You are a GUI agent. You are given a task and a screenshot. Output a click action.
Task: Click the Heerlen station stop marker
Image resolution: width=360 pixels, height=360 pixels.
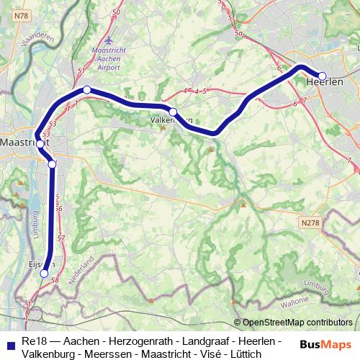tap(323, 76)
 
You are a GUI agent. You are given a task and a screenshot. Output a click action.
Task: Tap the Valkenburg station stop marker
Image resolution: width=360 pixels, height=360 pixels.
tap(173, 112)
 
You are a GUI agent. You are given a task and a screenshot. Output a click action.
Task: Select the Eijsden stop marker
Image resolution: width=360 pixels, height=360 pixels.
tap(44, 274)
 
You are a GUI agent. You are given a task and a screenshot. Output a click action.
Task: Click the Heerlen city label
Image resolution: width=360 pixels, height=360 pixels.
tap(324, 83)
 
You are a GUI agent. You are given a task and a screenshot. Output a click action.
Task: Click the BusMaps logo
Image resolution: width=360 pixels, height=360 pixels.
tap(325, 346)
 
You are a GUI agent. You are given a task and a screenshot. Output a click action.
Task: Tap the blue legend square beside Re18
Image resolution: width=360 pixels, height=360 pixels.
tap(10, 341)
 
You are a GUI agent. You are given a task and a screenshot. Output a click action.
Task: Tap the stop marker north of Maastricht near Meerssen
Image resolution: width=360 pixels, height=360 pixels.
tap(86, 90)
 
